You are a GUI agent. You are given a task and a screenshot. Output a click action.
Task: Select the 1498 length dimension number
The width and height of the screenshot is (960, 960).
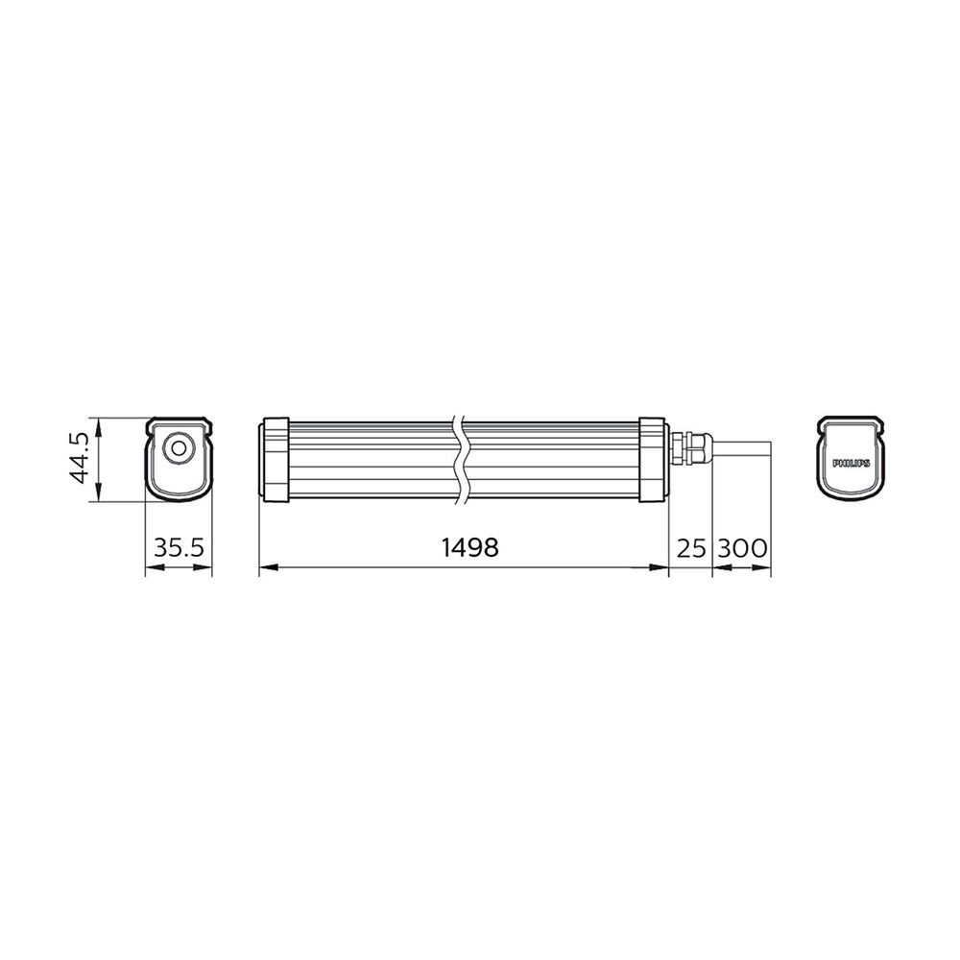469,547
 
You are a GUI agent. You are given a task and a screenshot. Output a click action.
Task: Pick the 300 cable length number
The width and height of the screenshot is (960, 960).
742,548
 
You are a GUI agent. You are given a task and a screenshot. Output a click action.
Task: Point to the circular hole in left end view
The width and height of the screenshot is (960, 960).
178,448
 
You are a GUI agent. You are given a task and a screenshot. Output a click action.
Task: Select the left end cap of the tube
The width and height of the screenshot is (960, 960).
276,459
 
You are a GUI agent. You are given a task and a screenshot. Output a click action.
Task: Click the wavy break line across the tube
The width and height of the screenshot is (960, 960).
461,459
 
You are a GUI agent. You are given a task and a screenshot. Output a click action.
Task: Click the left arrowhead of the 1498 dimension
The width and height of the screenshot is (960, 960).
265,568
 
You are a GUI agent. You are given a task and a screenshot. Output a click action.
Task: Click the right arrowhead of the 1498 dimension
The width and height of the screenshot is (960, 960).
662,568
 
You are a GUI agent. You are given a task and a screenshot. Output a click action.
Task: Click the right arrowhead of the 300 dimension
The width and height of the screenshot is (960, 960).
767,568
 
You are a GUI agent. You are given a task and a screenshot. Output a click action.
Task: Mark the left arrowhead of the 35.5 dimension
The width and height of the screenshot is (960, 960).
150,568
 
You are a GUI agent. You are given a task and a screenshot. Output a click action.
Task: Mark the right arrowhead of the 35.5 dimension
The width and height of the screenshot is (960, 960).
206,568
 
